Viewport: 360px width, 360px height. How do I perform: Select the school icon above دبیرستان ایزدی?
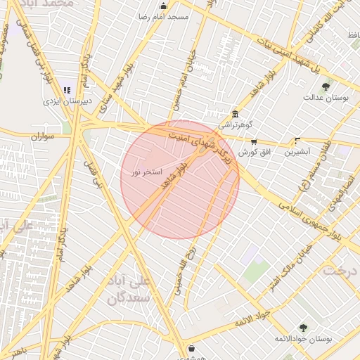click(67, 90)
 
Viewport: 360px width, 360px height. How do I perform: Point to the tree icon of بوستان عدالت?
click(325, 86)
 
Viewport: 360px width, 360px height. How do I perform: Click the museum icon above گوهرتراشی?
click(235, 115)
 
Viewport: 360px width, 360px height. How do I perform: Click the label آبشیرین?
click(298, 152)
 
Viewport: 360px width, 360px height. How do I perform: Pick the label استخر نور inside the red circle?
click(147, 172)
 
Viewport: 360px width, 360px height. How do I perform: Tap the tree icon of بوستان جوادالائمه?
click(303, 328)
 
